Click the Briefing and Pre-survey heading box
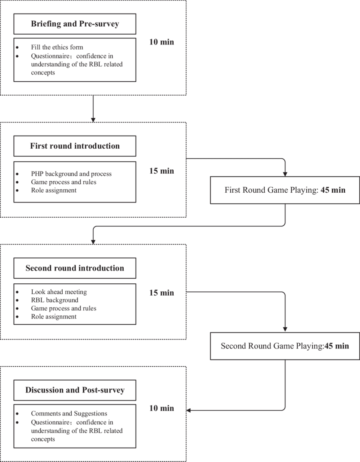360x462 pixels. [75, 24]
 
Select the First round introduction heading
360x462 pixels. [75, 146]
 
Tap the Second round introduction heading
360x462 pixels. [75, 268]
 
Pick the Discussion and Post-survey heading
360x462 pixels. [75, 390]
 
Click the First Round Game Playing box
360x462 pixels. [285, 190]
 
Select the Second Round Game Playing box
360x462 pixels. [285, 346]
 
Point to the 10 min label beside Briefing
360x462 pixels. [161, 42]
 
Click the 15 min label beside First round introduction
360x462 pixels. [161, 171]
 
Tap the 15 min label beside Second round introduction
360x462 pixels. [161, 293]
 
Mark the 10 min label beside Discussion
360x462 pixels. [161, 408]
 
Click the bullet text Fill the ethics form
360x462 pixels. [57, 47]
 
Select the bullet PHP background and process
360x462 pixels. [71, 174]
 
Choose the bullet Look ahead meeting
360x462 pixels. [58, 292]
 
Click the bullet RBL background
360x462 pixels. [54, 300]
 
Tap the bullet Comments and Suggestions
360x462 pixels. [69, 413]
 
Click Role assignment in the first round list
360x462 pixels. [53, 190]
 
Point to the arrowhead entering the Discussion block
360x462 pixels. [189, 410]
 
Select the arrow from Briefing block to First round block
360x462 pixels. [93, 108]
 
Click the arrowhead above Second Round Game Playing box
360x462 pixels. [285, 329]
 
